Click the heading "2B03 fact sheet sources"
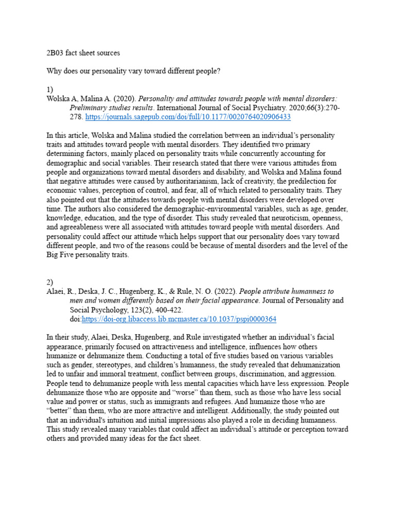coord(83,53)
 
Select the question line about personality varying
coord(134,71)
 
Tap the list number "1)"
coord(50,89)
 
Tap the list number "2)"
coord(50,282)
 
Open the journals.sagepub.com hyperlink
coord(188,117)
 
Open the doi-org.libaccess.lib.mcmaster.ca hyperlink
coord(179,319)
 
